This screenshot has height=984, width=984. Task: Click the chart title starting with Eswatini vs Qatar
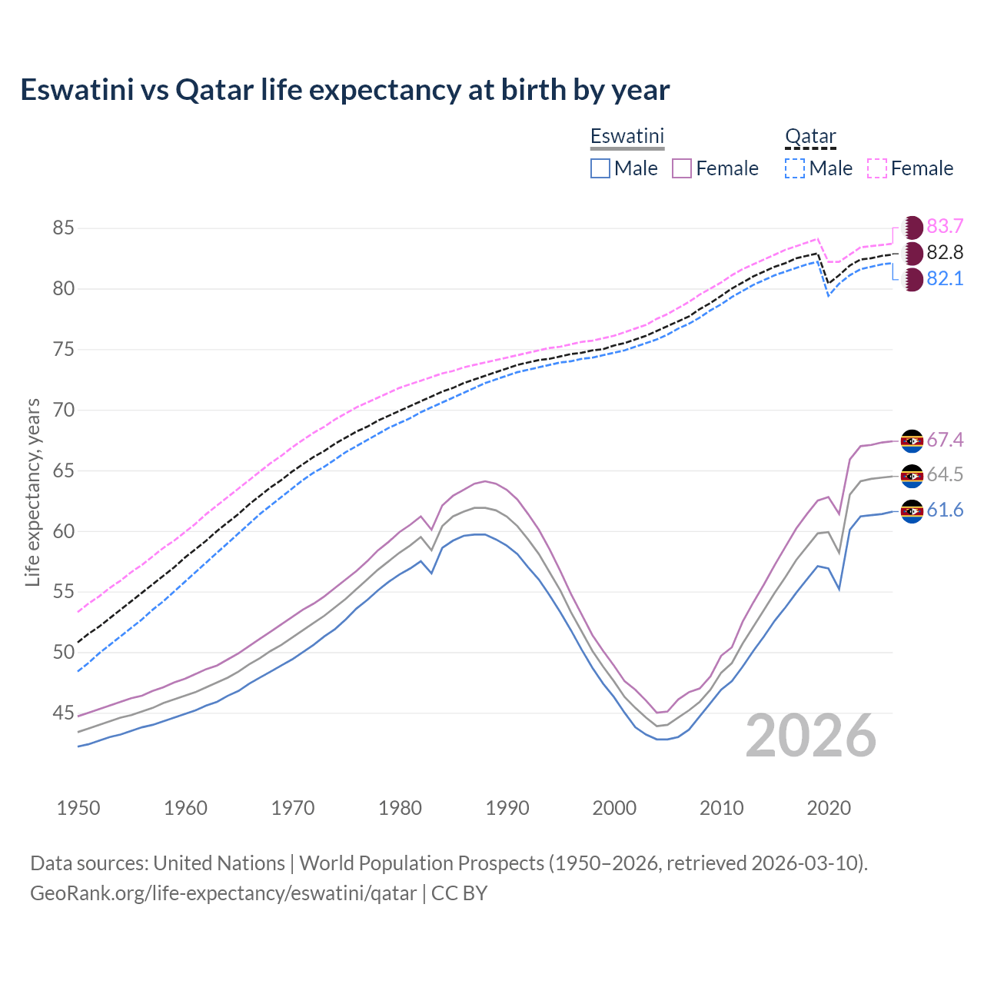(345, 90)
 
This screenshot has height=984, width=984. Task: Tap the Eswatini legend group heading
(627, 136)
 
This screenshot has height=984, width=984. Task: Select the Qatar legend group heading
(810, 136)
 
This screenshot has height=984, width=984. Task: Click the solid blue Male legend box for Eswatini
(600, 168)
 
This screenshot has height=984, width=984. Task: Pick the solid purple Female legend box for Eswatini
(682, 168)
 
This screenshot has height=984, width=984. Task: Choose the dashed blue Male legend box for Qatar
(795, 168)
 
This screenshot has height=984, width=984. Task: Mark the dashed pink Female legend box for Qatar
(877, 168)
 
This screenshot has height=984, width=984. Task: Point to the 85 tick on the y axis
(63, 228)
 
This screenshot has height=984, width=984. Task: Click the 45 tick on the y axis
(63, 713)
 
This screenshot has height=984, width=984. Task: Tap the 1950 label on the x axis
(78, 808)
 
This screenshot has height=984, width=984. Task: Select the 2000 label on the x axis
(614, 808)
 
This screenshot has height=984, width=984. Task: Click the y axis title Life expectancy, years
(32, 492)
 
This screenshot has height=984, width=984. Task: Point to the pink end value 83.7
(945, 226)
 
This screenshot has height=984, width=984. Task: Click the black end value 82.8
(945, 252)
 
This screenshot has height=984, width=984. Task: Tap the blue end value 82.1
(945, 278)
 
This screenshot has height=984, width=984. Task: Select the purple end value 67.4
(945, 440)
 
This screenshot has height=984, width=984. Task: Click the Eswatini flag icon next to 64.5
(912, 476)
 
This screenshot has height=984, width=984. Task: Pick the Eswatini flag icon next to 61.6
(912, 511)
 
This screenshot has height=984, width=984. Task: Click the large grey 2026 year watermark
(811, 736)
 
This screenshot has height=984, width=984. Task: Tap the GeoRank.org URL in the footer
(223, 893)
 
